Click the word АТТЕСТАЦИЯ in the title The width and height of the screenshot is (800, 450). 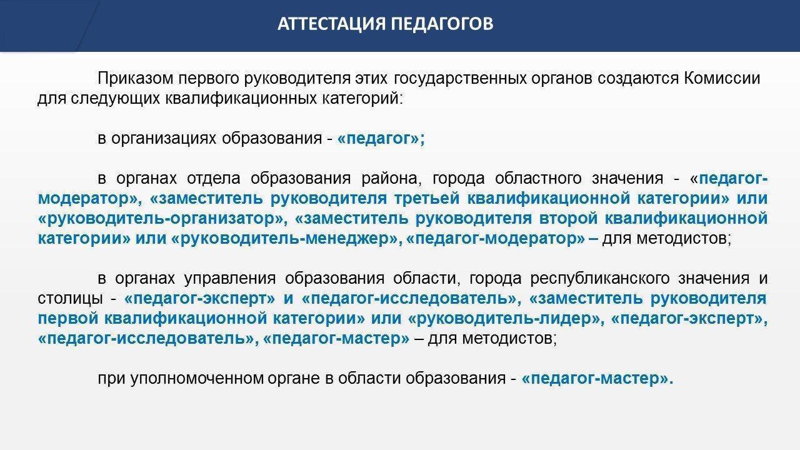tap(331, 24)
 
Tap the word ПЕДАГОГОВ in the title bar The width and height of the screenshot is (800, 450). tap(442, 24)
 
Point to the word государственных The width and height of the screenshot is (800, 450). tap(460, 79)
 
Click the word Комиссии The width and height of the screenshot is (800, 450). tap(722, 79)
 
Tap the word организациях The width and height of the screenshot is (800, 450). tap(164, 139)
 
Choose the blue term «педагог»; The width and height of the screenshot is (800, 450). tap(381, 139)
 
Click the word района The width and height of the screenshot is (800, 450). tap(391, 178)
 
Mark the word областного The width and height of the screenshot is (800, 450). tap(538, 178)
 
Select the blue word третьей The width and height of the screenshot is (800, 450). tap(427, 199)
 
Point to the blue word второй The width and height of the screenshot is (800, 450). tap(568, 219)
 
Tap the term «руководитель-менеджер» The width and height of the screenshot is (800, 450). tap(284, 239)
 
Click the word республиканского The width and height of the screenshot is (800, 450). tap(599, 278)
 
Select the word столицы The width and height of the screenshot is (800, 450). tap(71, 298)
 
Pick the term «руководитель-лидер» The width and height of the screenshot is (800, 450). tap(504, 318)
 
